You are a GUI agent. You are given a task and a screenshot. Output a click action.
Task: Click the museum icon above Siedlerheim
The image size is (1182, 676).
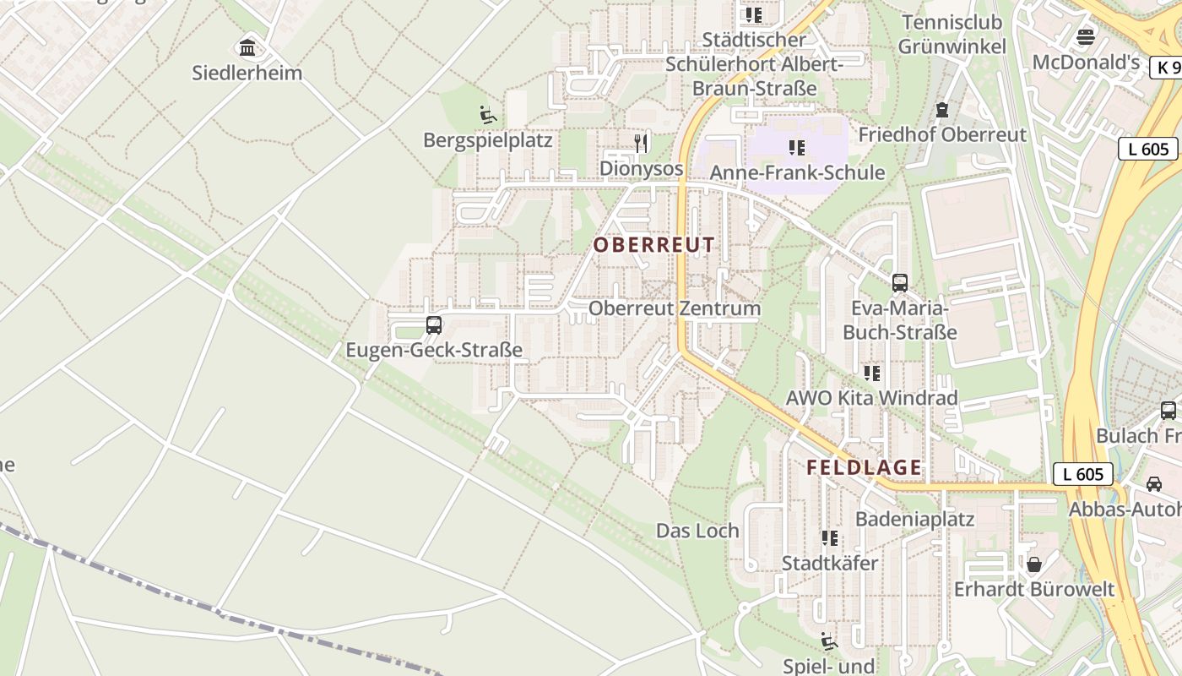247,47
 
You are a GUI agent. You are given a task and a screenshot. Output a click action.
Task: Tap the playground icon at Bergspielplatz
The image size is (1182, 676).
487,115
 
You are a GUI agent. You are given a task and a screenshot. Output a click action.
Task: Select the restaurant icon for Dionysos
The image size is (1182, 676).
642,143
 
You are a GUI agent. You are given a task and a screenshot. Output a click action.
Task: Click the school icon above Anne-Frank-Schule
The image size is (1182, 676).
797,148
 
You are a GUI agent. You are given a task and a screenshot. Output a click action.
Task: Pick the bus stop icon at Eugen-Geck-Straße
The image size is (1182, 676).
434,324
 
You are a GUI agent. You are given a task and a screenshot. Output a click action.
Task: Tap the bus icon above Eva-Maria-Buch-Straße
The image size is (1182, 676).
900,283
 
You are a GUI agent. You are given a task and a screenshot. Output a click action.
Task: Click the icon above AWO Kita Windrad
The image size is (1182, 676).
872,373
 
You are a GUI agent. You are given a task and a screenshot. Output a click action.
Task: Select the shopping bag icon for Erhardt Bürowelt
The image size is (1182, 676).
1034,564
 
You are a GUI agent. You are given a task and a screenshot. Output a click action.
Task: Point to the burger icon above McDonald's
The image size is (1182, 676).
1086,37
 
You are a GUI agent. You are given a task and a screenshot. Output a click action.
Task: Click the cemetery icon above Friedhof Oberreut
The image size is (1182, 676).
942,110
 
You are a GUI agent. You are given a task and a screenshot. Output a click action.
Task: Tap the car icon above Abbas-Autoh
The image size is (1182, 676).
1154,484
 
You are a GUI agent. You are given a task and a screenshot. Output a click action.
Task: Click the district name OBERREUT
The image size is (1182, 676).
654,245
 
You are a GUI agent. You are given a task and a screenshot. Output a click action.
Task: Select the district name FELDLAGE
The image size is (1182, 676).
864,467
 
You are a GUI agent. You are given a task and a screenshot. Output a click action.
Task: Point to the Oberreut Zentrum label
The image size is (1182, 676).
675,308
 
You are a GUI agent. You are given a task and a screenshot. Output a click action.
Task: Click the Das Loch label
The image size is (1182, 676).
697,531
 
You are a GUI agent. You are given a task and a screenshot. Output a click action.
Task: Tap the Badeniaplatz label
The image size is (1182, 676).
914,519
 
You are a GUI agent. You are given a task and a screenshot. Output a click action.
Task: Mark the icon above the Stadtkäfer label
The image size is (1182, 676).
830,537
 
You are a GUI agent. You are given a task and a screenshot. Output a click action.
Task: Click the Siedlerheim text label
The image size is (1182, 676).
247,73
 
